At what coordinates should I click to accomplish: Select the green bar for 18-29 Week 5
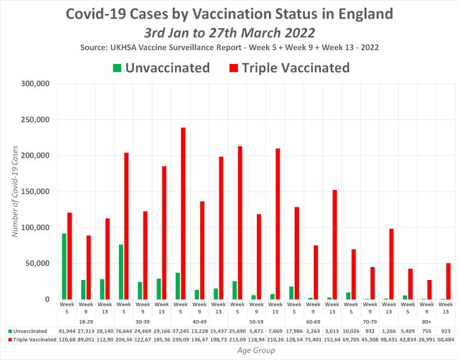click(x=64, y=266)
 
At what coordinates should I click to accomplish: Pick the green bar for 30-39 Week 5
click(x=120, y=272)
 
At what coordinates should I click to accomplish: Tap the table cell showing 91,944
click(x=66, y=330)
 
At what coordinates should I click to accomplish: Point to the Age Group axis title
click(x=255, y=350)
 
